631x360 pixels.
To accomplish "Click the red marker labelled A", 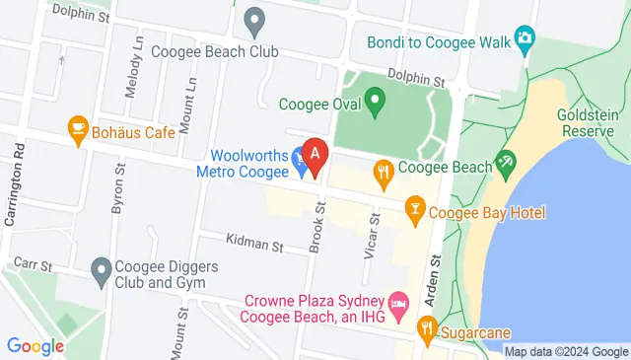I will [315, 156].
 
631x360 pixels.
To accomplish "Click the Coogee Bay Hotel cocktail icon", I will [415, 207].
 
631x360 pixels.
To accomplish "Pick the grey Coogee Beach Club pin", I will [255, 19].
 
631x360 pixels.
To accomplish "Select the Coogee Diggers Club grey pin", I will [101, 268].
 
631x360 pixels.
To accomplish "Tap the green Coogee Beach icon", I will [506, 163].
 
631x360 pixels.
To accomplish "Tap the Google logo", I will [35, 346].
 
